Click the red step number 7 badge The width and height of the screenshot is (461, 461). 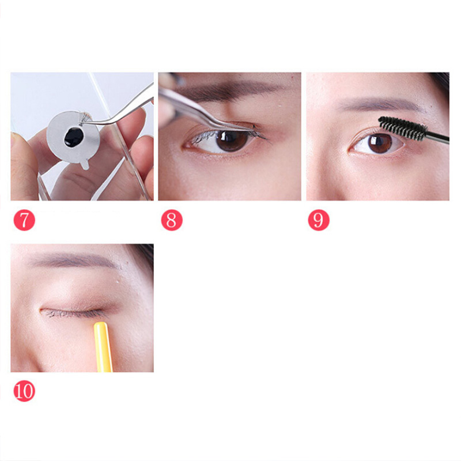coord(24,220)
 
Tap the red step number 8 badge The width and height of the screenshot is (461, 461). coord(172,220)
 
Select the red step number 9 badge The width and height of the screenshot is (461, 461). coord(319,220)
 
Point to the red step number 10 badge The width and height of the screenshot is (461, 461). coord(24,391)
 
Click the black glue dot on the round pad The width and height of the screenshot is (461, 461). coord(74,137)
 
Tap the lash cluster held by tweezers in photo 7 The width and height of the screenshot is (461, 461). coord(85,118)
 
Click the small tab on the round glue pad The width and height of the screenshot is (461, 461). coord(85,164)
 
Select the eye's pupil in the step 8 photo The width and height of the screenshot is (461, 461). coord(231,140)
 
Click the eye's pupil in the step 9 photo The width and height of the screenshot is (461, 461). coord(380,144)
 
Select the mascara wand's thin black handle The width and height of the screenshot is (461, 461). coord(437,138)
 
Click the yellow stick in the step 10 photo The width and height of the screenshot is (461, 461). coord(103,347)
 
